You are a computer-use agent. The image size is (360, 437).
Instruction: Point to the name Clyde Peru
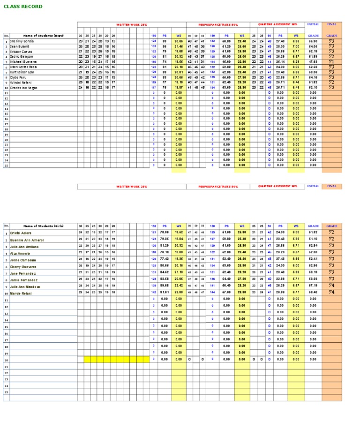point(19,77)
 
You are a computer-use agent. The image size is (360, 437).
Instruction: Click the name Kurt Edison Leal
point(22,72)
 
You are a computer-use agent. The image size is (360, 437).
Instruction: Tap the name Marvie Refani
point(21,293)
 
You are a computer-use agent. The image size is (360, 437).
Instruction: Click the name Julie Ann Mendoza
point(25,286)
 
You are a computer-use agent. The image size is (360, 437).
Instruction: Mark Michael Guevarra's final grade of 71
point(331,62)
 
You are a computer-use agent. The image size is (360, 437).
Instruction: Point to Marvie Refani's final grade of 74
point(331,293)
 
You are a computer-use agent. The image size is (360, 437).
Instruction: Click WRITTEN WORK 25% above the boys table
point(131,24)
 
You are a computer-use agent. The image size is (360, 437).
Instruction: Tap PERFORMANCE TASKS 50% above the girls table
point(218,186)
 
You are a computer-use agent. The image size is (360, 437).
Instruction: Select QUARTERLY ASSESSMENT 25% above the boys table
point(277,24)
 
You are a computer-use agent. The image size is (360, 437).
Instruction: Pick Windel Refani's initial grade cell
point(313,83)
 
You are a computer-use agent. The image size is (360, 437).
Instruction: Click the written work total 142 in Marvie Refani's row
point(153,293)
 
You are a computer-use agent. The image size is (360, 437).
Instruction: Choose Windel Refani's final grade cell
point(331,83)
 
